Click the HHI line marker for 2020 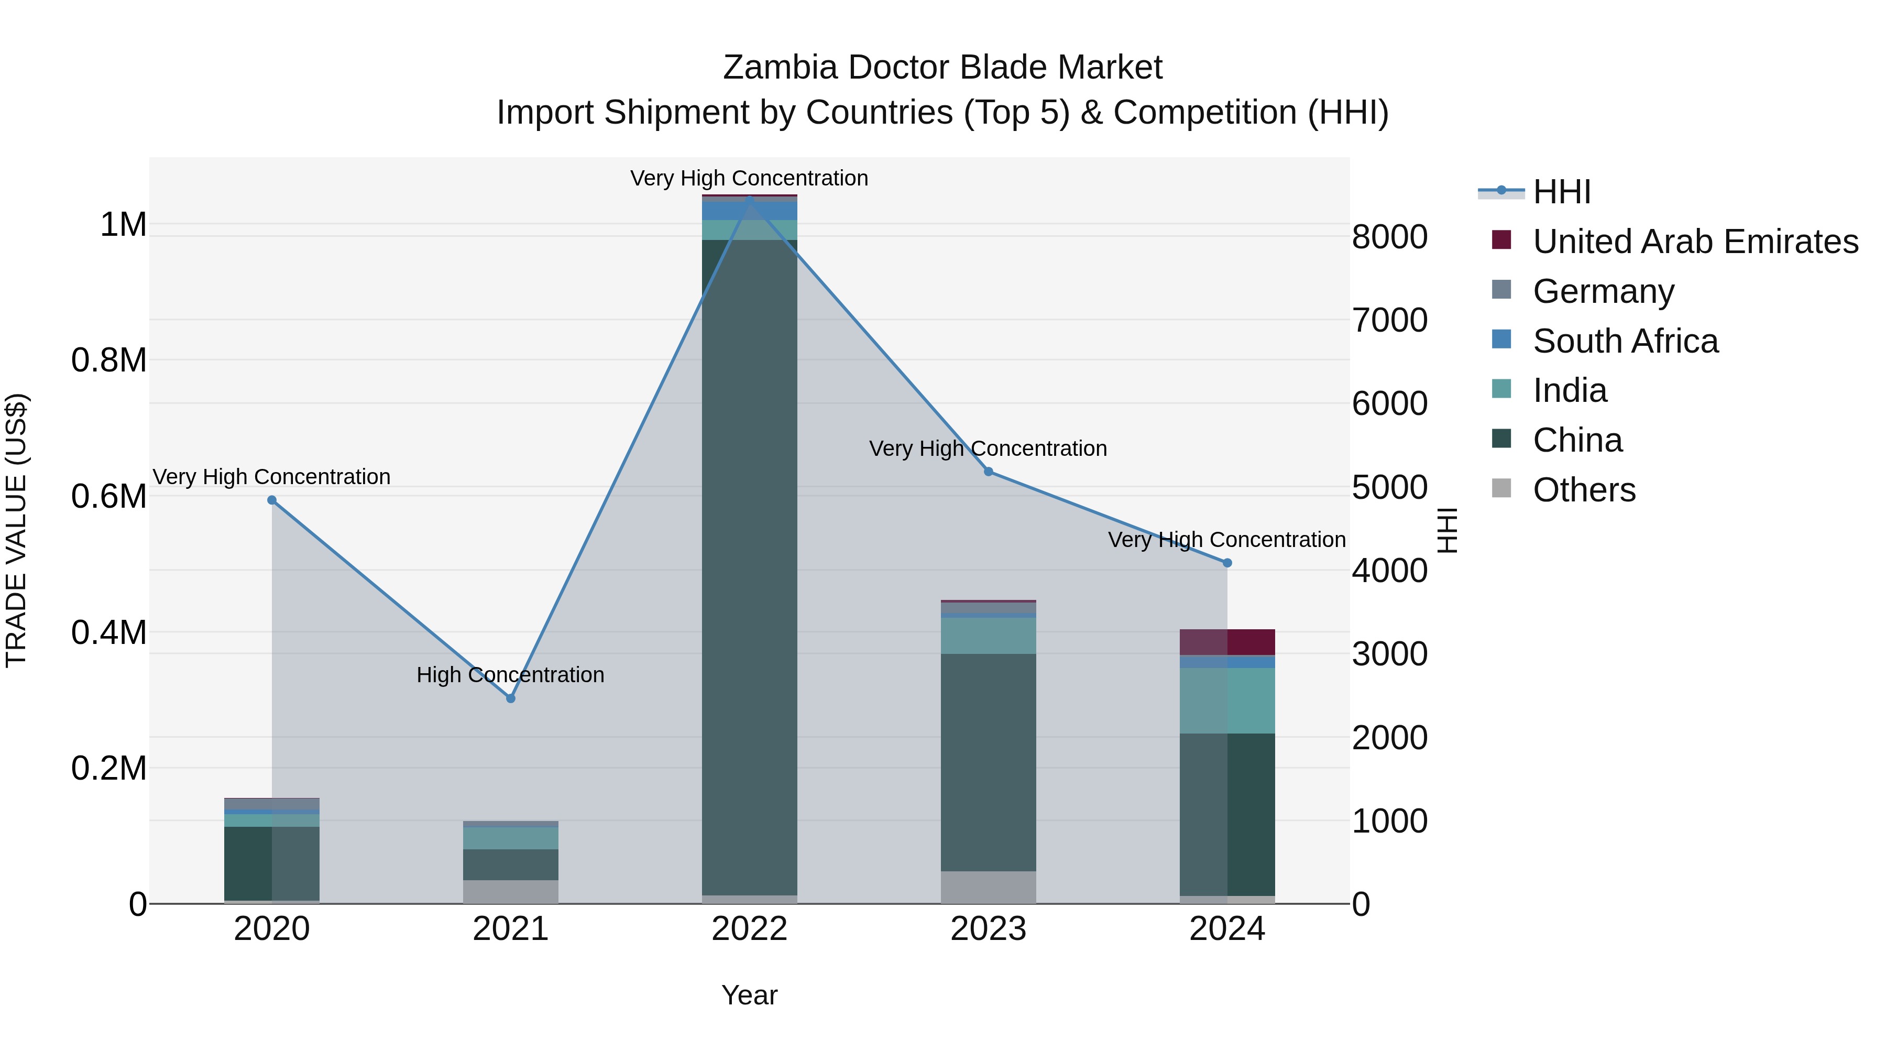(271, 500)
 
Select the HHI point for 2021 (511, 698)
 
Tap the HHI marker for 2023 (989, 472)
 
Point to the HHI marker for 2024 (1227, 563)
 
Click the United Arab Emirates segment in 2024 (1227, 642)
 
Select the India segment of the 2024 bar (1227, 701)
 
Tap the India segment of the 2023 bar (989, 636)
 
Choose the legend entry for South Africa (1625, 341)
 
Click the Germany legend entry (1604, 291)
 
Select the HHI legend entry (1561, 192)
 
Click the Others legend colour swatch (1501, 488)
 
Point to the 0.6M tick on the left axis (108, 497)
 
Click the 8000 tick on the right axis (1389, 237)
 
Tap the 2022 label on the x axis (750, 929)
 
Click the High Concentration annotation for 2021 (510, 674)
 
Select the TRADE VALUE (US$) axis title (17, 530)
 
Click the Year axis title (750, 995)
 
